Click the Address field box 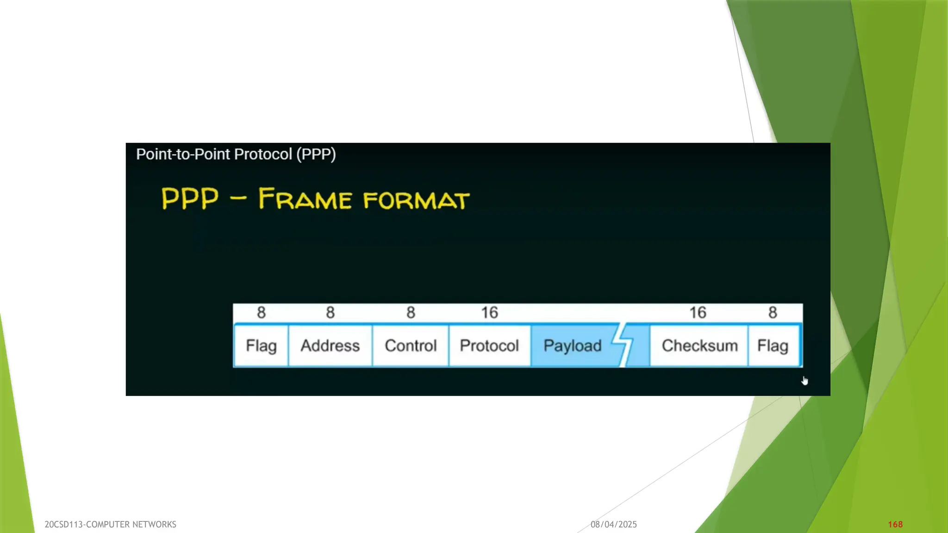point(330,346)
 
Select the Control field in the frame point(411,346)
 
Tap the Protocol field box point(489,346)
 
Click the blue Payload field point(573,346)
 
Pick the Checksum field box point(699,346)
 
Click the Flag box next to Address point(261,346)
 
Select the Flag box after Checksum point(773,346)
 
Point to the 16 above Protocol point(489,313)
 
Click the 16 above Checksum point(698,313)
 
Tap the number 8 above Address point(330,313)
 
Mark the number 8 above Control point(411,313)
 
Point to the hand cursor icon point(805,381)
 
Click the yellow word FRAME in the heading point(305,199)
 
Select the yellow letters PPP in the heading point(190,198)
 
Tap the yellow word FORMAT point(416,200)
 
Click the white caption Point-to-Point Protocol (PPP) point(236,154)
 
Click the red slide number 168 point(895,524)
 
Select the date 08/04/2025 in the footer point(614,524)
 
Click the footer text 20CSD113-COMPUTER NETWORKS point(110,524)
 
